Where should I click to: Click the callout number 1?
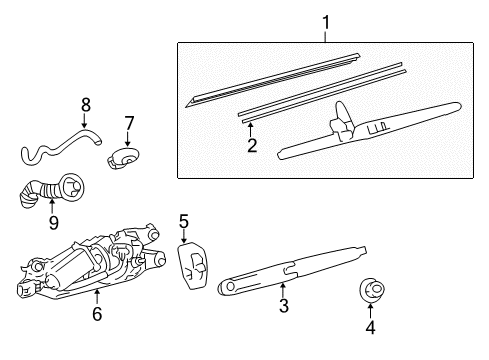pos(326,23)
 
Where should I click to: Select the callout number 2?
pos(252,145)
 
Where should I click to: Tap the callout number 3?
pos(284,306)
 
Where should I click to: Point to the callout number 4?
pos(370,327)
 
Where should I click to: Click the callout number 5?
pos(184,222)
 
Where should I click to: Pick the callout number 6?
pos(97,314)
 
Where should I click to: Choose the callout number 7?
pos(129,123)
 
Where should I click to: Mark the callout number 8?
pos(86,105)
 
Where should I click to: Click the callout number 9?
pos(54,222)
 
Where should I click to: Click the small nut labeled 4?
pos(372,289)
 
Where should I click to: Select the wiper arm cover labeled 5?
pos(192,266)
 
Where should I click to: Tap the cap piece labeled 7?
pos(123,157)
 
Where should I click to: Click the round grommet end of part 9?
pos(73,187)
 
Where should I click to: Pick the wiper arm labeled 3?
pos(292,270)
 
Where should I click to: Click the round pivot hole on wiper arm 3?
pos(229,286)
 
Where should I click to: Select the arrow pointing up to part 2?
pos(250,129)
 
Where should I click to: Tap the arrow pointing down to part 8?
pos(84,121)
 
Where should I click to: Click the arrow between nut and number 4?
pos(370,310)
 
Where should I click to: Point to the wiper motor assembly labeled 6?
pos(91,262)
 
